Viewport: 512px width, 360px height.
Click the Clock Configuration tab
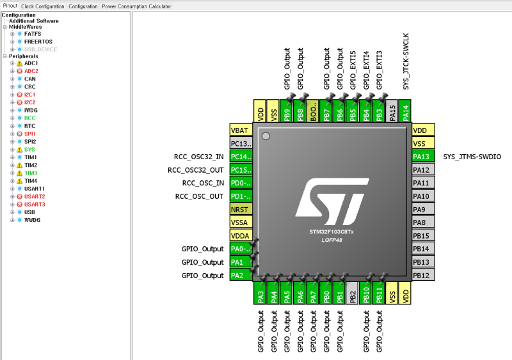(x=43, y=6)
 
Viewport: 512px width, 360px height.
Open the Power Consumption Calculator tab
(x=136, y=6)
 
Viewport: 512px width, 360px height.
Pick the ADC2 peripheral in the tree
(x=31, y=72)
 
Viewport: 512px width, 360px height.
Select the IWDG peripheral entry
(x=31, y=111)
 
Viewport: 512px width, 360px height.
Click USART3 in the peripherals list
(x=35, y=205)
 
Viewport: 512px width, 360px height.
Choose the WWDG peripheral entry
(x=32, y=220)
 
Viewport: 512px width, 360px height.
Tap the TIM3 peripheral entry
(x=31, y=173)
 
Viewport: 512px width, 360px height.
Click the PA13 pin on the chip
(x=422, y=157)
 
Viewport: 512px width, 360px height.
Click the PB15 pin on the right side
(x=422, y=235)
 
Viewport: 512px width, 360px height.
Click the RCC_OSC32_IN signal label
(x=199, y=157)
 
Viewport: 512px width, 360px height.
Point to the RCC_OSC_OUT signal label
(x=200, y=196)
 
